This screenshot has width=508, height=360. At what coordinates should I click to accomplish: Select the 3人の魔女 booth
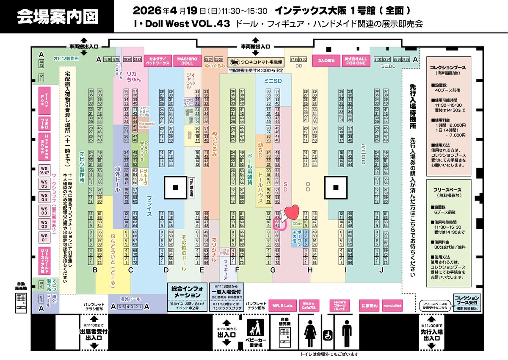pos(326,61)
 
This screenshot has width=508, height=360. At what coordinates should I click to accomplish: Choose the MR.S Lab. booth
pos(283,305)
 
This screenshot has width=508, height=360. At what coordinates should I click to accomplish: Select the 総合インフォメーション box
pos(187,292)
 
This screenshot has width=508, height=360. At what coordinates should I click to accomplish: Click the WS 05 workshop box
pos(44,184)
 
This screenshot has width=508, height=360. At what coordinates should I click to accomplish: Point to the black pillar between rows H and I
pos(336,187)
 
